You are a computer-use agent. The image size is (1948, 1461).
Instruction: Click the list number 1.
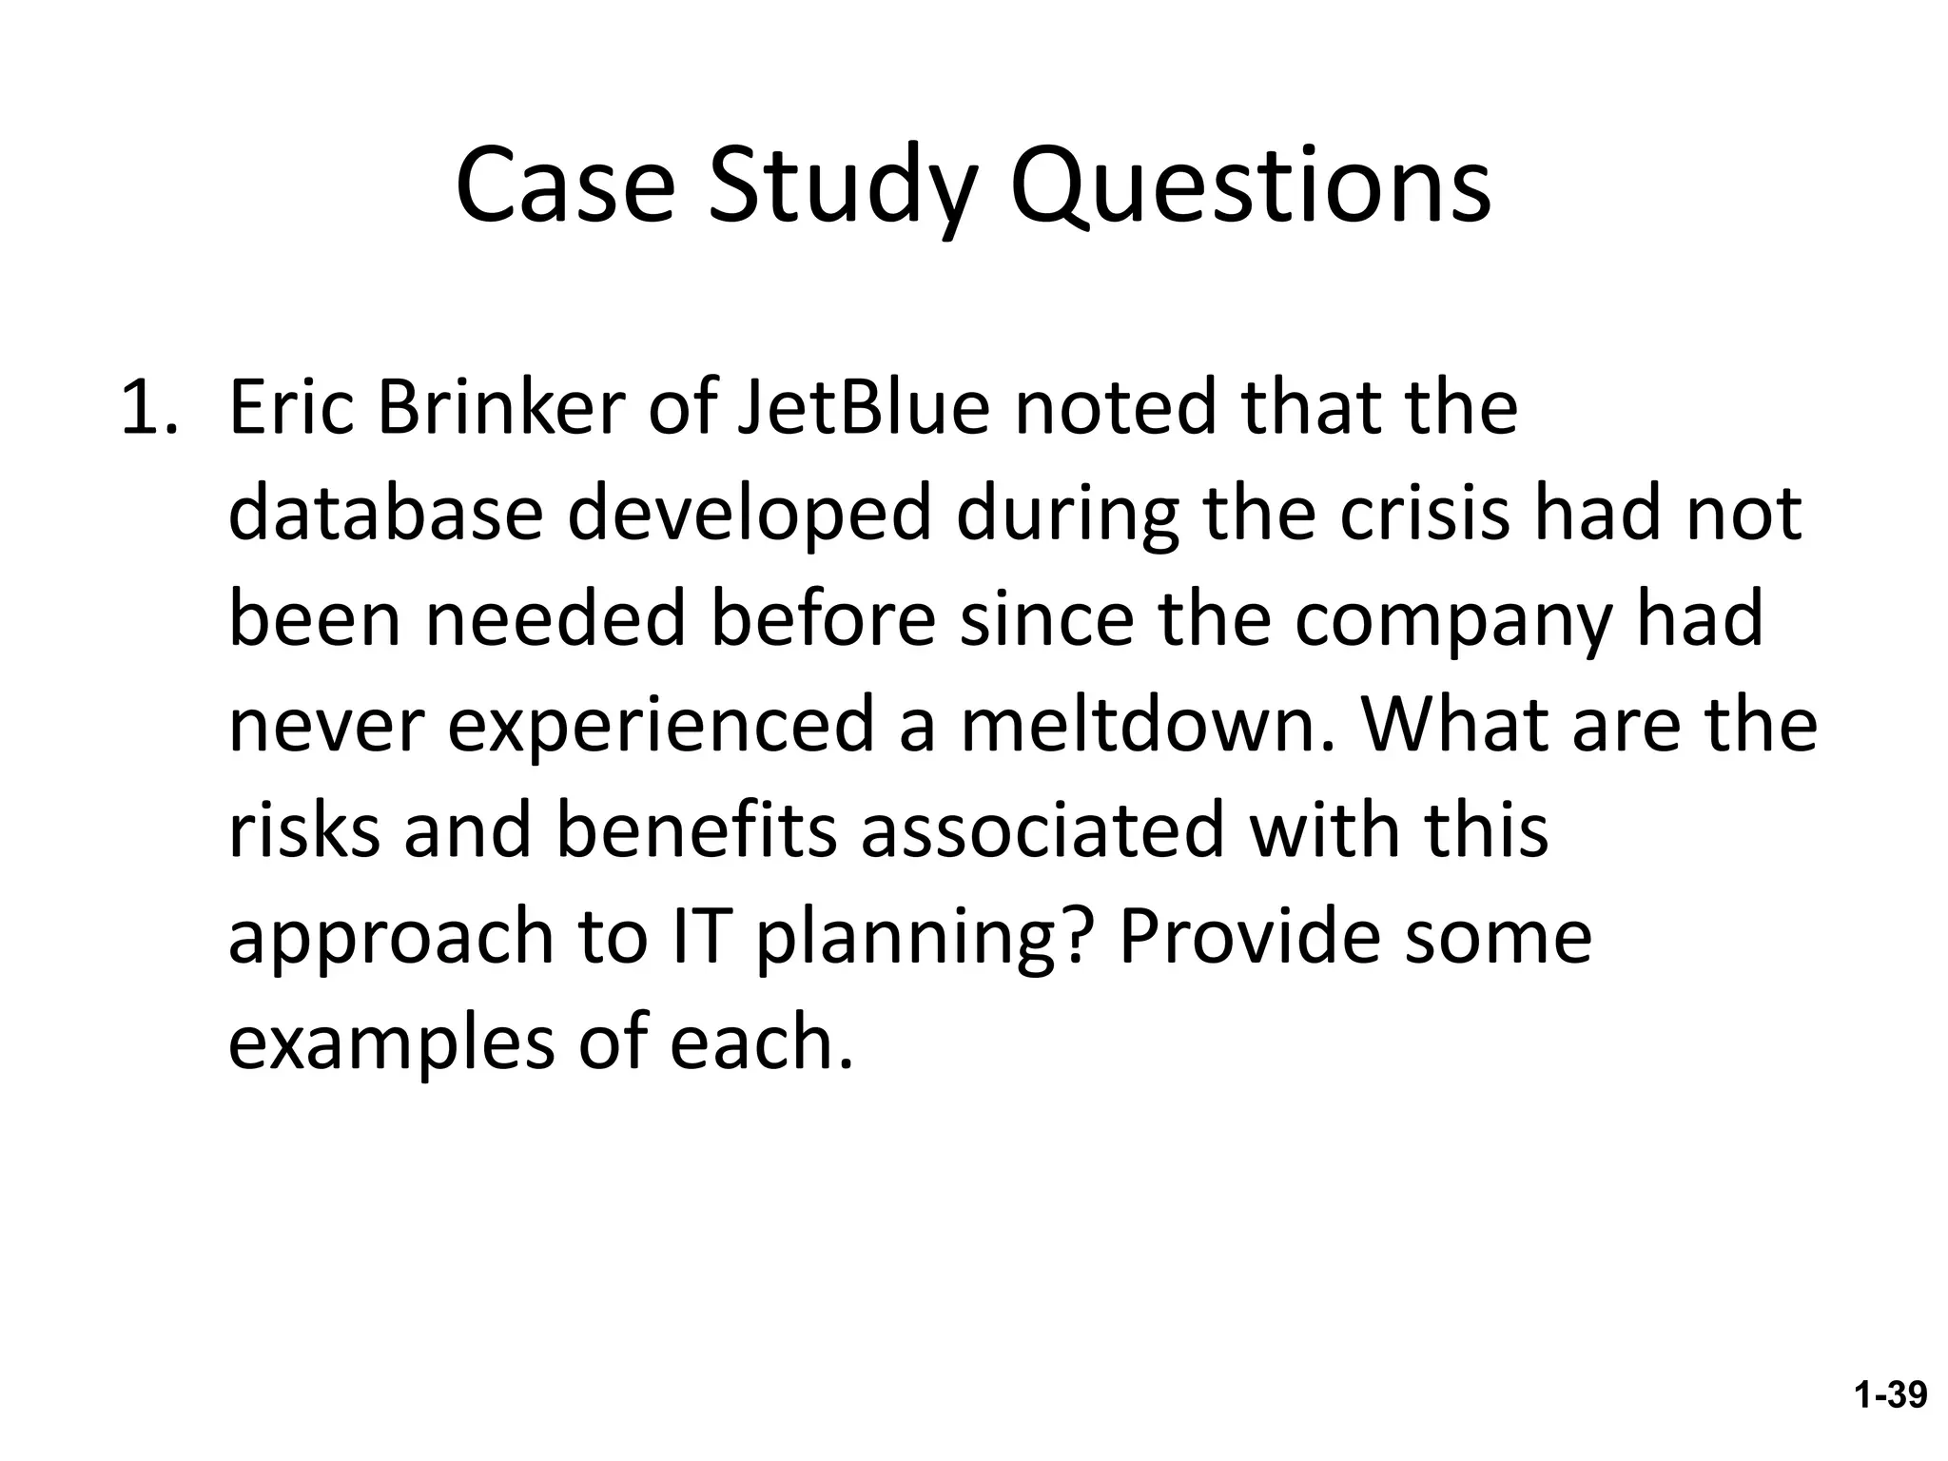pos(148,407)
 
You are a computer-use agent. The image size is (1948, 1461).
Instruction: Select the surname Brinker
pos(502,407)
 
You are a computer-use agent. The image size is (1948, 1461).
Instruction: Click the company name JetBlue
pos(864,407)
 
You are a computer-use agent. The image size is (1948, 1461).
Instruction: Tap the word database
pos(385,514)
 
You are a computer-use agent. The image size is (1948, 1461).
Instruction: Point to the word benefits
pos(696,830)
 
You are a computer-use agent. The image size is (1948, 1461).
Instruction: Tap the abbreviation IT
pos(703,937)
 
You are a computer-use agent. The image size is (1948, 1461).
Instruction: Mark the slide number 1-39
pos(1889,1395)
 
